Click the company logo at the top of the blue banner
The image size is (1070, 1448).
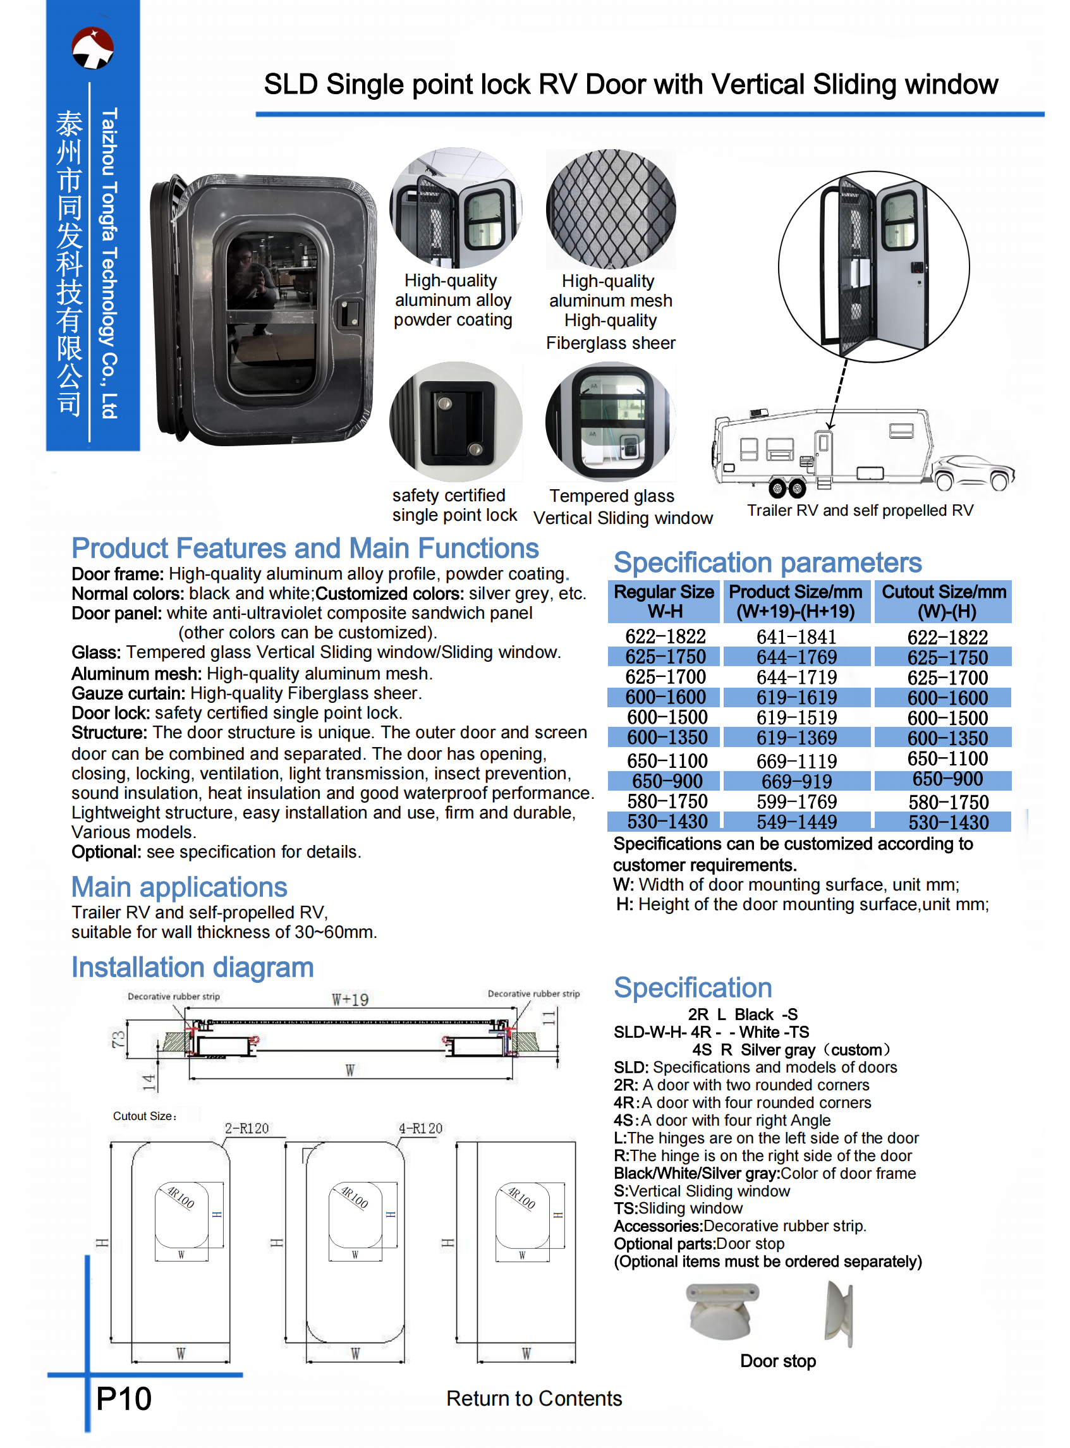tap(93, 47)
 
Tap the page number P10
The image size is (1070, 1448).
tap(124, 1399)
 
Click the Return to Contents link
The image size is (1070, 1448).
tap(533, 1399)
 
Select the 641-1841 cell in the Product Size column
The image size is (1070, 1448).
tap(796, 637)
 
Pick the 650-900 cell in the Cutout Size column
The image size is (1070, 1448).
tap(947, 779)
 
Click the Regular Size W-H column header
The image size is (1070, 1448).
tap(664, 601)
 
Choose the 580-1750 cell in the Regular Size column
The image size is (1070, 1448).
tap(667, 801)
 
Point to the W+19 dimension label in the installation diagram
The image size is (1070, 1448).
tap(350, 999)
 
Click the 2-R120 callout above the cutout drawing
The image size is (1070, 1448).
tap(246, 1128)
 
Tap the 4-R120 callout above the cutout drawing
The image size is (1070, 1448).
tap(420, 1128)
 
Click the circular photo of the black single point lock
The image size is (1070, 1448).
tap(455, 422)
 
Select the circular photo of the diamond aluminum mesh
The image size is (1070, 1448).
tap(610, 209)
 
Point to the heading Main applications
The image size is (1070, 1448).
tap(179, 887)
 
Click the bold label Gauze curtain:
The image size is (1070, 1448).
tap(128, 693)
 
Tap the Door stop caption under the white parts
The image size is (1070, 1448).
tap(777, 1361)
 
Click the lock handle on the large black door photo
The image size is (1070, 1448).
tap(350, 313)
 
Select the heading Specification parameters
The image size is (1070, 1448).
tap(767, 562)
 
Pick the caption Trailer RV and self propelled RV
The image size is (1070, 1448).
tap(860, 510)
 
